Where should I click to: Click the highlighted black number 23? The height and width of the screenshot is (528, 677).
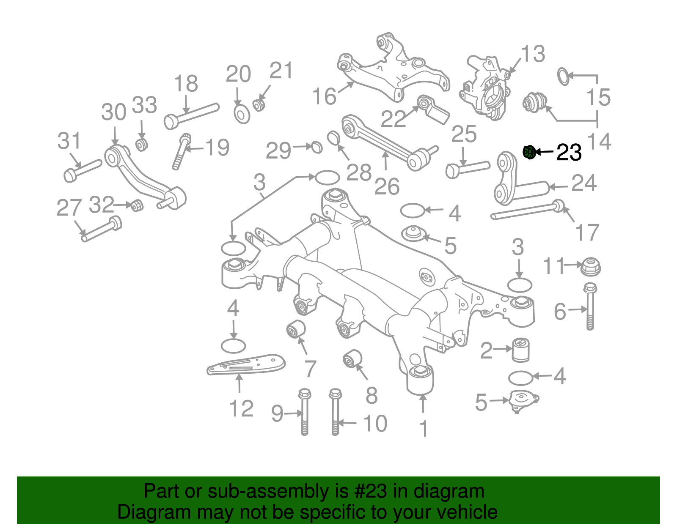pos(569,153)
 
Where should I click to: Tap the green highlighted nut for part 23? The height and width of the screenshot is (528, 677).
pos(529,152)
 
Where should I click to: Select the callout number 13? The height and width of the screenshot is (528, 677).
pos(533,55)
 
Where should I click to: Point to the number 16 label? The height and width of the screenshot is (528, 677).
pos(324,96)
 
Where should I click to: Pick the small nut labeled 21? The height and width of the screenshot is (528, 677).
pos(259,104)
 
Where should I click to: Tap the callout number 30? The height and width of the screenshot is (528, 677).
pos(113,112)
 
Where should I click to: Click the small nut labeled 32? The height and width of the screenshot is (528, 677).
pos(137,206)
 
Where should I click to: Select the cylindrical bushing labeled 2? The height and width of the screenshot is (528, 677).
pos(521,350)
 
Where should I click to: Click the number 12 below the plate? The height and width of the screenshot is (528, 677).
pos(241,409)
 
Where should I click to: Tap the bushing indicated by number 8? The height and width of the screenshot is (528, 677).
pos(352,358)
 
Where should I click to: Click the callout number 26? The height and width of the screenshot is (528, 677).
pos(387,186)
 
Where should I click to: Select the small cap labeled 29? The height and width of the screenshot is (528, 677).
pos(316,148)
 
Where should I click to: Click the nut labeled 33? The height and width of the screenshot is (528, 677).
pos(141,144)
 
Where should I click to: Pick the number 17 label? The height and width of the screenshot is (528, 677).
pos(587,233)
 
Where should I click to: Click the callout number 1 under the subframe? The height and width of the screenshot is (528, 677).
pos(424,429)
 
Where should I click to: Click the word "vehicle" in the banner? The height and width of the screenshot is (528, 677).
pos(467,512)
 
